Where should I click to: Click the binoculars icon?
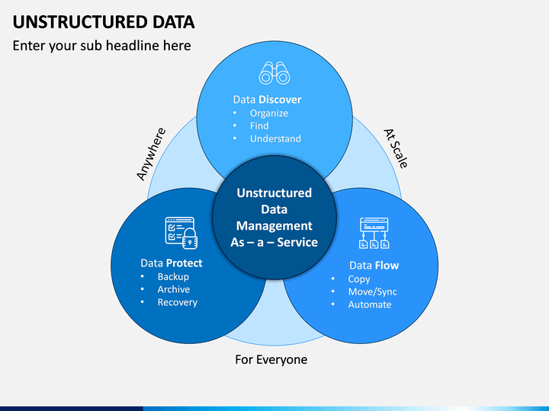click(x=274, y=73)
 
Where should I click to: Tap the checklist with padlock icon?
click(x=181, y=233)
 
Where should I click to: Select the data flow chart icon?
click(x=374, y=233)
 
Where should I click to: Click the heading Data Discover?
click(x=267, y=100)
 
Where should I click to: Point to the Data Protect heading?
click(x=172, y=263)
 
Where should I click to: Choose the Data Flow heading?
click(x=374, y=266)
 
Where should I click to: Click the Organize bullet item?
click(x=269, y=113)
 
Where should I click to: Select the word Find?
click(x=259, y=126)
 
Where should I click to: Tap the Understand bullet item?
click(x=275, y=139)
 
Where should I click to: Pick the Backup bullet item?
click(x=173, y=277)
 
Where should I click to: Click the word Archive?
click(x=174, y=289)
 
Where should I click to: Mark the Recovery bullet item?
click(x=177, y=302)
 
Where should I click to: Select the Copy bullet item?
click(x=359, y=279)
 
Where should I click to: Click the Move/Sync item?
click(x=373, y=292)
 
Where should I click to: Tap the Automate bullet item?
click(x=370, y=304)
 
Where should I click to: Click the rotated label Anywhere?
click(x=151, y=154)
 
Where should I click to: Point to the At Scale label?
click(x=396, y=148)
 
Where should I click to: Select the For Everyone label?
click(x=271, y=359)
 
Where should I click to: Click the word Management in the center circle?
click(x=274, y=226)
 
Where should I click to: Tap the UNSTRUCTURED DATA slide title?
click(x=104, y=22)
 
